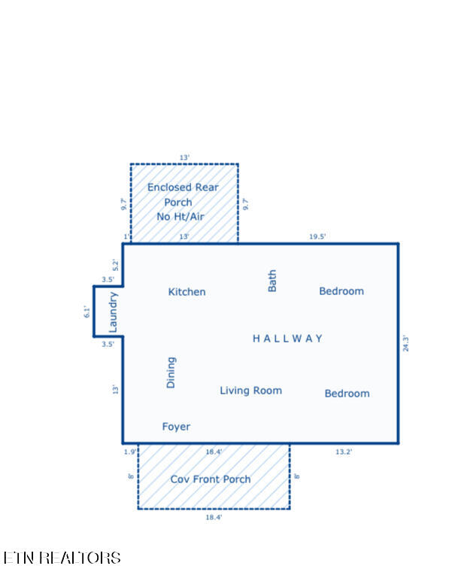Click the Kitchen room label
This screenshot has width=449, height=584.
click(x=187, y=292)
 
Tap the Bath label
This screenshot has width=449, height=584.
click(x=272, y=281)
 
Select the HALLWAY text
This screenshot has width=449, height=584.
click(x=287, y=339)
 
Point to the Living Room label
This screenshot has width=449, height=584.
click(x=250, y=391)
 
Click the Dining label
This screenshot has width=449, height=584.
click(x=171, y=373)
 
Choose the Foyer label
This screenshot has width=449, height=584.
click(x=176, y=427)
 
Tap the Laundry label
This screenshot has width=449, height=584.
click(x=113, y=312)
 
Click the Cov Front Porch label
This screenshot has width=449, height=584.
click(x=211, y=479)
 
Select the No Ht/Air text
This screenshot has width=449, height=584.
click(x=181, y=217)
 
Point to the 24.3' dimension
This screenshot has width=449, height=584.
click(x=406, y=343)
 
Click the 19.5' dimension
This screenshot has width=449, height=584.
click(x=317, y=236)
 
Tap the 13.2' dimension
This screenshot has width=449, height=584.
click(x=344, y=452)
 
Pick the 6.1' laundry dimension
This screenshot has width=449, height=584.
click(x=86, y=312)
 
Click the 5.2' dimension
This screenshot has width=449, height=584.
click(x=115, y=265)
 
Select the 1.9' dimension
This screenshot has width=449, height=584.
click(x=130, y=452)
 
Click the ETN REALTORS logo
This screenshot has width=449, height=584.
click(x=62, y=558)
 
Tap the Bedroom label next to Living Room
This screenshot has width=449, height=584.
click(x=347, y=394)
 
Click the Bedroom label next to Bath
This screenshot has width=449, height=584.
click(x=341, y=291)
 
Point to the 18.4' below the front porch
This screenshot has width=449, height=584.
click(x=214, y=517)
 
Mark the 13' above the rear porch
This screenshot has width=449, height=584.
click(x=185, y=157)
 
